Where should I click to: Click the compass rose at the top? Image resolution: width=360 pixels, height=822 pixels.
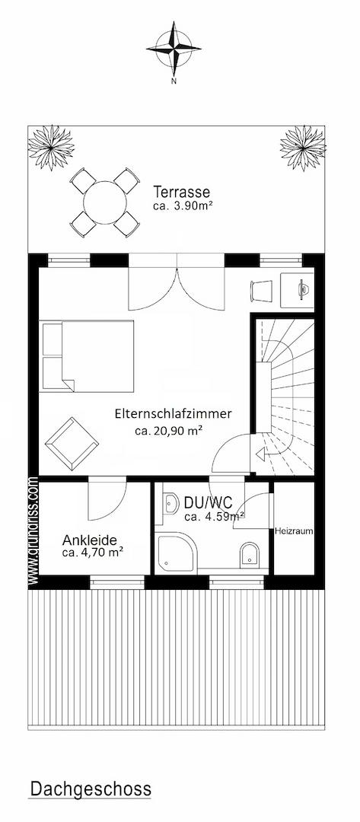point(174,48)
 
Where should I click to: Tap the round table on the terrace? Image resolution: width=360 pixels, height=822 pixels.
point(105,202)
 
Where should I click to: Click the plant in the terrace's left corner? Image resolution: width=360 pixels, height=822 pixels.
point(51,148)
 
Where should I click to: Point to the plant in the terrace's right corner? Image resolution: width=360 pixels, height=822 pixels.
point(302,148)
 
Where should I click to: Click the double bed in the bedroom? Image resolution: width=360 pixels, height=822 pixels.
point(87,356)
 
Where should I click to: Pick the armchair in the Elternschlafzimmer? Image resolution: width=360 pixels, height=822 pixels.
point(72,444)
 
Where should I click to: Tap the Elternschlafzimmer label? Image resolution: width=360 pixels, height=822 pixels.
point(173,413)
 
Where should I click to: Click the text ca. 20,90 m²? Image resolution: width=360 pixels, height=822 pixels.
point(169,431)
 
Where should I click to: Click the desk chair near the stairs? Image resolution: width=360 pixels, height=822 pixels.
point(262,291)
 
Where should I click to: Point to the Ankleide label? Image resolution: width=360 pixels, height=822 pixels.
point(90,539)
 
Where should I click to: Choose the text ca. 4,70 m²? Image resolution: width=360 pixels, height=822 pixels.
point(93,552)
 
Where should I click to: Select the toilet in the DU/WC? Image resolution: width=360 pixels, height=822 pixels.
point(250,555)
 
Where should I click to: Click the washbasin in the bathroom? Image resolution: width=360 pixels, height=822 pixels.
point(170,504)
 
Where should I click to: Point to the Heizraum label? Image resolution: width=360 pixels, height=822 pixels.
point(294,531)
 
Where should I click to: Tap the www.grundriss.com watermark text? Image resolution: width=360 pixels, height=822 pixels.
point(33,530)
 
